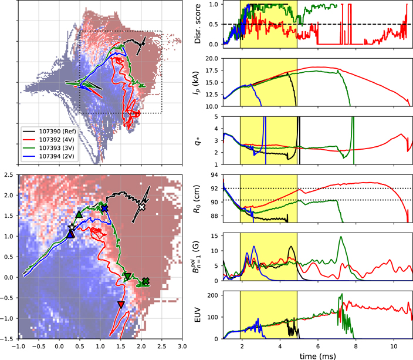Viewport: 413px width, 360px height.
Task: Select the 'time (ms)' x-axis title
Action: click(x=317, y=354)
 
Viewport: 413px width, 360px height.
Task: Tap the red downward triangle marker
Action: click(x=121, y=304)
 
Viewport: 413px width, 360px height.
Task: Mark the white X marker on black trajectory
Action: click(x=141, y=207)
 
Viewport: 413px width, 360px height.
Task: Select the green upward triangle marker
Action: click(x=79, y=215)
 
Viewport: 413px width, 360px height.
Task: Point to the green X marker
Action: click(x=145, y=281)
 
